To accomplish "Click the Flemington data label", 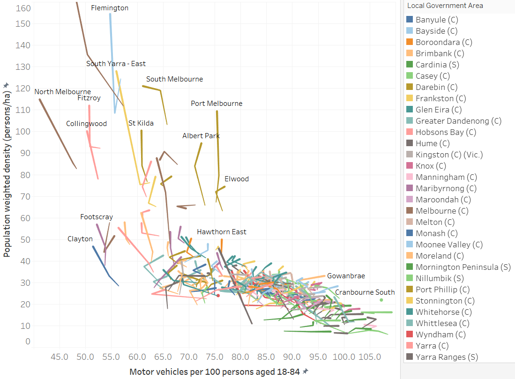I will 110,8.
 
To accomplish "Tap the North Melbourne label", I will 63,92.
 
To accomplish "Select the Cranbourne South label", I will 365,292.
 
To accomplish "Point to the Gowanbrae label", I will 346,276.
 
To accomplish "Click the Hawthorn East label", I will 222,232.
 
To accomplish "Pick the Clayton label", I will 80,239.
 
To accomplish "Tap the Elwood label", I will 237,179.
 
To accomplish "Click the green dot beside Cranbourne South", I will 381,300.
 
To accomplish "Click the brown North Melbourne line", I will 56,132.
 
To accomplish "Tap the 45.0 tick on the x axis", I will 60,357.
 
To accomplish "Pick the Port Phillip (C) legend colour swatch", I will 410,290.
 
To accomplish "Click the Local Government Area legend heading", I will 445,6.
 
